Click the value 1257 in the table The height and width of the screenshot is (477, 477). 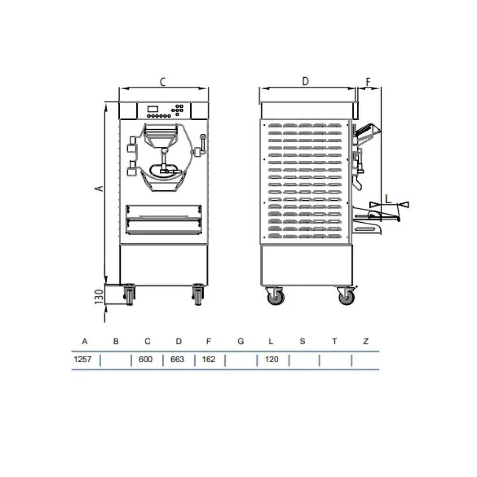coord(83,359)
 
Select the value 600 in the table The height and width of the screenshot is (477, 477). coord(145,359)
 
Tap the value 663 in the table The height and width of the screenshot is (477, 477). coord(177,359)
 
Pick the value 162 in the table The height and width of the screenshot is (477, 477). coord(208,359)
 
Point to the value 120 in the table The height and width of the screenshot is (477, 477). coord(272,359)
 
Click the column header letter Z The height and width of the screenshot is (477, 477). coord(366,342)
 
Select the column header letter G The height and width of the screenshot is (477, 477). coord(240,342)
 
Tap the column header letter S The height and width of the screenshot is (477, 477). coord(302,342)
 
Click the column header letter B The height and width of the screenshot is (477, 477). coord(116,342)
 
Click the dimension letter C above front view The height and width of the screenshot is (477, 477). coord(163,82)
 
